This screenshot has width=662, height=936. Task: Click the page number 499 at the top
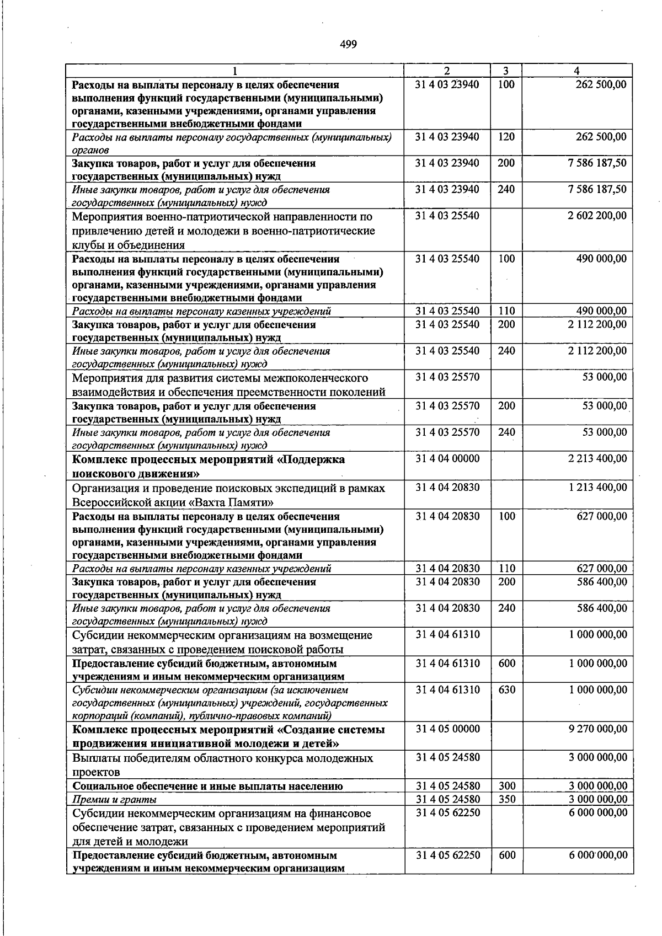[x=348, y=45]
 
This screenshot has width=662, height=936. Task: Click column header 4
[x=576, y=71]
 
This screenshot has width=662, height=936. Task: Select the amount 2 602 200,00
[x=597, y=216]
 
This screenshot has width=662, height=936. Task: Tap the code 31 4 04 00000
[x=447, y=458]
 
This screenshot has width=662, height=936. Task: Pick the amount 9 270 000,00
[x=597, y=729]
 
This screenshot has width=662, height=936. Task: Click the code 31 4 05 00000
[x=447, y=729]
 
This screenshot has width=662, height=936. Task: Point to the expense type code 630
[x=506, y=689]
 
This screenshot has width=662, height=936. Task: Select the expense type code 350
[x=506, y=799]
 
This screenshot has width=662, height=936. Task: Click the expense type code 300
[x=506, y=786]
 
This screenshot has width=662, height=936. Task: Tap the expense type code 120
[x=506, y=136]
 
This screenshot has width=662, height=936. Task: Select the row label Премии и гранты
[x=115, y=799]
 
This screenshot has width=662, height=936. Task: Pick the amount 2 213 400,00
[x=597, y=458]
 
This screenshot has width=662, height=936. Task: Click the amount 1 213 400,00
[x=597, y=487]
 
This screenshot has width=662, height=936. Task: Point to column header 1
[x=235, y=71]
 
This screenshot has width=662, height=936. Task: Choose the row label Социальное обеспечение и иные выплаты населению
[x=207, y=787]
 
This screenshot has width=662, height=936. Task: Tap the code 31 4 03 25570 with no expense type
[x=447, y=377]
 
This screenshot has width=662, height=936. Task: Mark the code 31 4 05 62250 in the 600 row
[x=447, y=855]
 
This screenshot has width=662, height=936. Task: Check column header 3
[x=505, y=71]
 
